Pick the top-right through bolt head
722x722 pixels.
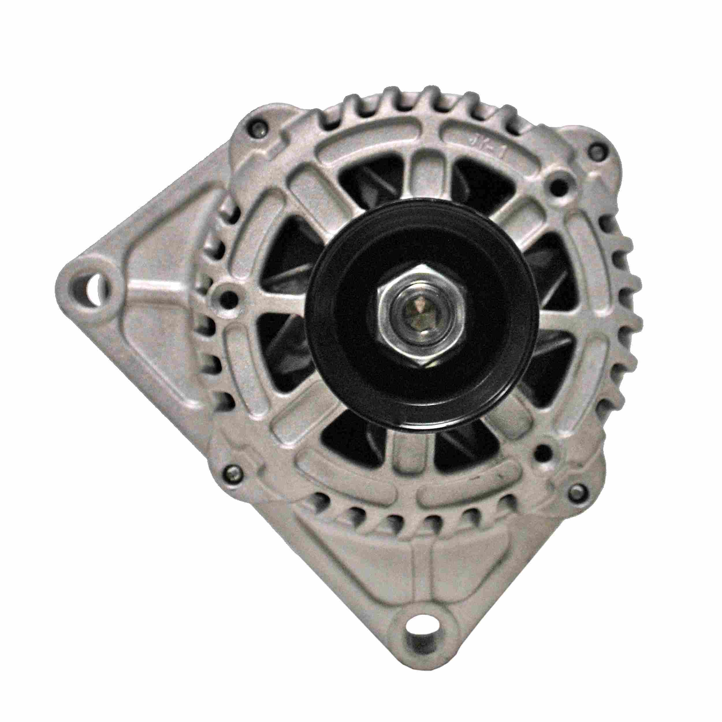pos(596,151)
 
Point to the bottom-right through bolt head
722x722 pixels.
pos(577,492)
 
